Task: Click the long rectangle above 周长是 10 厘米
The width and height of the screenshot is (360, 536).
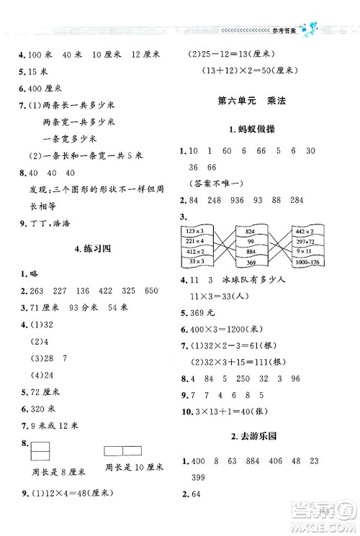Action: click(x=124, y=450)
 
